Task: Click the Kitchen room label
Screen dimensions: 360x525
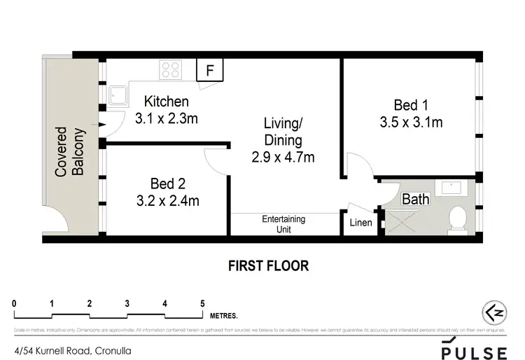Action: point(167,102)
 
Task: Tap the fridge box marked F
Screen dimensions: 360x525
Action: point(209,70)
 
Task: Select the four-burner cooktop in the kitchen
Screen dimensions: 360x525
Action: point(171,69)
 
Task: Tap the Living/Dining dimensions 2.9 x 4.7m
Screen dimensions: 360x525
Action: point(282,157)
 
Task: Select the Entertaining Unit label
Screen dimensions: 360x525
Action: point(283,223)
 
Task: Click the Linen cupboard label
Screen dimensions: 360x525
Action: point(360,223)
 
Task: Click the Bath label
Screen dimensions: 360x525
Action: point(415,200)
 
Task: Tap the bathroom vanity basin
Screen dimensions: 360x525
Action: point(449,188)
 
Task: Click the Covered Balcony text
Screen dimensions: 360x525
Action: point(70,151)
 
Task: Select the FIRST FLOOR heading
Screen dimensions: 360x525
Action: point(268,265)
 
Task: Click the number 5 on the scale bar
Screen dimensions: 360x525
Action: point(202,303)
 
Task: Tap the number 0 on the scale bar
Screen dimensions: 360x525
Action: point(14,303)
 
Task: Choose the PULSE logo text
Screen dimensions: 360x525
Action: point(474,350)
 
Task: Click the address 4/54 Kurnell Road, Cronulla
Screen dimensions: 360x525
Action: point(73,349)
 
